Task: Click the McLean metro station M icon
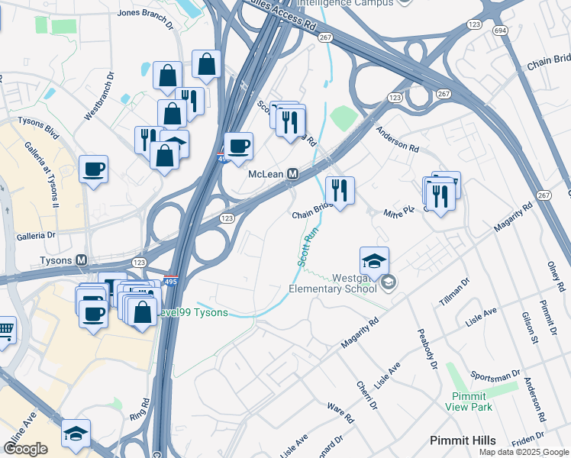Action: [292, 174]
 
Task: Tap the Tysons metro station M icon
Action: [80, 260]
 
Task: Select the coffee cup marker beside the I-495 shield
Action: [239, 147]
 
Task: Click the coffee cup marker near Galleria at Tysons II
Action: [93, 169]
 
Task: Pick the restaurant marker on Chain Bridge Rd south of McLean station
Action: [340, 190]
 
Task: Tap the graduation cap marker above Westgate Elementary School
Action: [374, 261]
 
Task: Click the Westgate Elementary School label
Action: [336, 283]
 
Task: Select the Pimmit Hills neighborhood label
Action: [463, 440]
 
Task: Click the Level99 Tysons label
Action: [192, 314]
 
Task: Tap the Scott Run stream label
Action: [305, 244]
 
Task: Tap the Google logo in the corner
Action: [25, 449]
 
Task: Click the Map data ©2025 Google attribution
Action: [523, 452]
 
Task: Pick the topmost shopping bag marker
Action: [206, 65]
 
